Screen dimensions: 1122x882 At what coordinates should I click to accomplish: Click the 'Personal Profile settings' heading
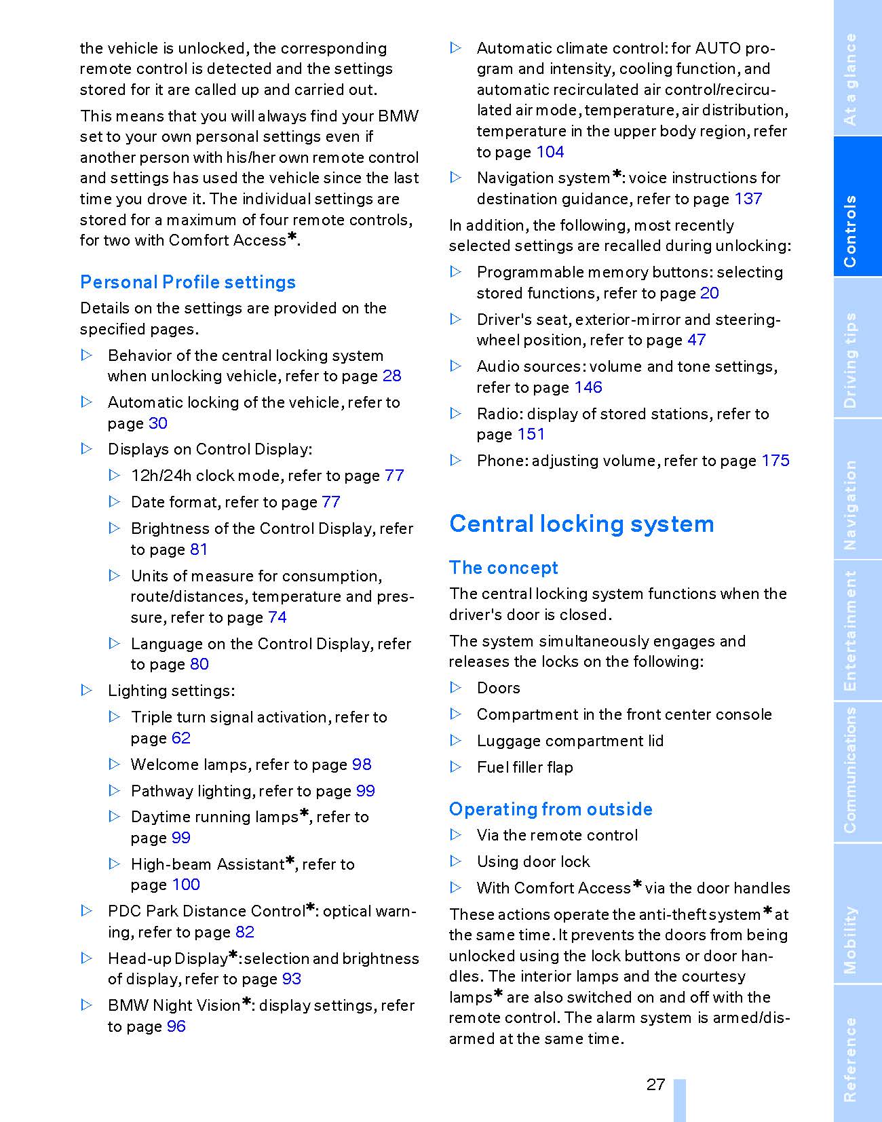point(188,282)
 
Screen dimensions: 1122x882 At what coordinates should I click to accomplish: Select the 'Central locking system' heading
point(581,524)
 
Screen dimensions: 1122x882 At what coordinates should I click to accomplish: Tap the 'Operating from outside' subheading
point(550,809)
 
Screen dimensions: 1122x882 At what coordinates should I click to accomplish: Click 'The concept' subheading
point(503,568)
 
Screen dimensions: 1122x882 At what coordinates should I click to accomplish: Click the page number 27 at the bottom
point(655,1085)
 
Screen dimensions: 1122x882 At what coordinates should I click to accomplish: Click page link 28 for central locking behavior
point(392,376)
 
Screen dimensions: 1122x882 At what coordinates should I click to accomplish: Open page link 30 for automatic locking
point(158,423)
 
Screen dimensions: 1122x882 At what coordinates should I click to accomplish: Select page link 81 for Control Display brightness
point(199,549)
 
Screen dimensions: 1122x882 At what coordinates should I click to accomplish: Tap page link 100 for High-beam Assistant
point(186,885)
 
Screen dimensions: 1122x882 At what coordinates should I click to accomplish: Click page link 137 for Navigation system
point(748,199)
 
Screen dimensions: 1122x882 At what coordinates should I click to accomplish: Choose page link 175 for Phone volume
point(775,461)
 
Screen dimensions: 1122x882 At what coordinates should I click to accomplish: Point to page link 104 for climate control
point(550,152)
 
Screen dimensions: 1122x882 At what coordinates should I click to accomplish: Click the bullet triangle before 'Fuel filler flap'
point(457,767)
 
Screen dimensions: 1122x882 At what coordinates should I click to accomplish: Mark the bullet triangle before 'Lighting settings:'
point(87,691)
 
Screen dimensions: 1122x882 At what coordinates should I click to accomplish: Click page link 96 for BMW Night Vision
point(176,1026)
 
